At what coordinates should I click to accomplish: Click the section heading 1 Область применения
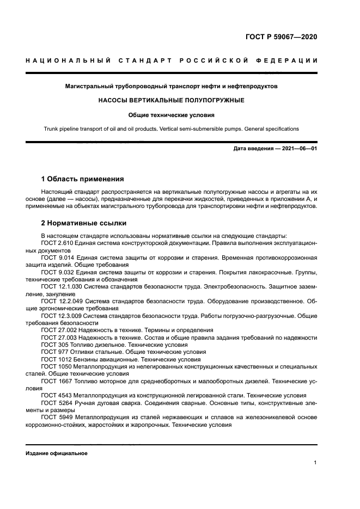(82, 179)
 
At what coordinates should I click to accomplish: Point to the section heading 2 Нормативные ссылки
(83, 223)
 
